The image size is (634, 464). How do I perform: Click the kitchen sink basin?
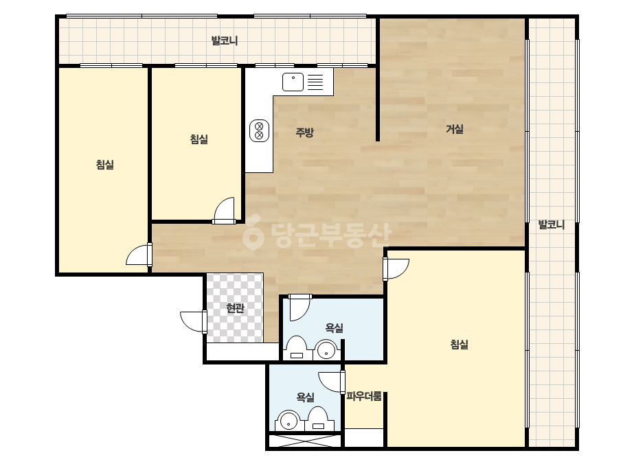click(x=293, y=82)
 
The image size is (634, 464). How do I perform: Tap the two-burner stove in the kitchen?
click(x=259, y=130)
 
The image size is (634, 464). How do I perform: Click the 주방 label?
click(x=304, y=132)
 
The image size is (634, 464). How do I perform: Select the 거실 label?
click(x=455, y=129)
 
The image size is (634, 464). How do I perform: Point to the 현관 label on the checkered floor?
click(x=236, y=308)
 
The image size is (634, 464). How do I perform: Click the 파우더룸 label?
click(x=364, y=396)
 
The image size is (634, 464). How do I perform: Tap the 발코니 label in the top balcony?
click(x=225, y=40)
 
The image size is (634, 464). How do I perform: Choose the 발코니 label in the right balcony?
click(x=551, y=224)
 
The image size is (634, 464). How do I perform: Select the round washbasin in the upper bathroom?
click(x=326, y=350)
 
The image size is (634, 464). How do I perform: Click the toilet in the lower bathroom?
click(x=318, y=419)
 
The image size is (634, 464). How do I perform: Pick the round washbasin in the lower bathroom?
click(x=288, y=421)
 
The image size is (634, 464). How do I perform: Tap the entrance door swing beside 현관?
click(x=193, y=322)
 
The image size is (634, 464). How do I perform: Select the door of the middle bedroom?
click(x=224, y=210)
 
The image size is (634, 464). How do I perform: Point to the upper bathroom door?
click(x=300, y=308)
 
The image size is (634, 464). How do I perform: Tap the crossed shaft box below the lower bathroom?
click(x=305, y=440)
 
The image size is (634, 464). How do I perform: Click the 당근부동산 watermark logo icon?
click(x=253, y=236)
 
